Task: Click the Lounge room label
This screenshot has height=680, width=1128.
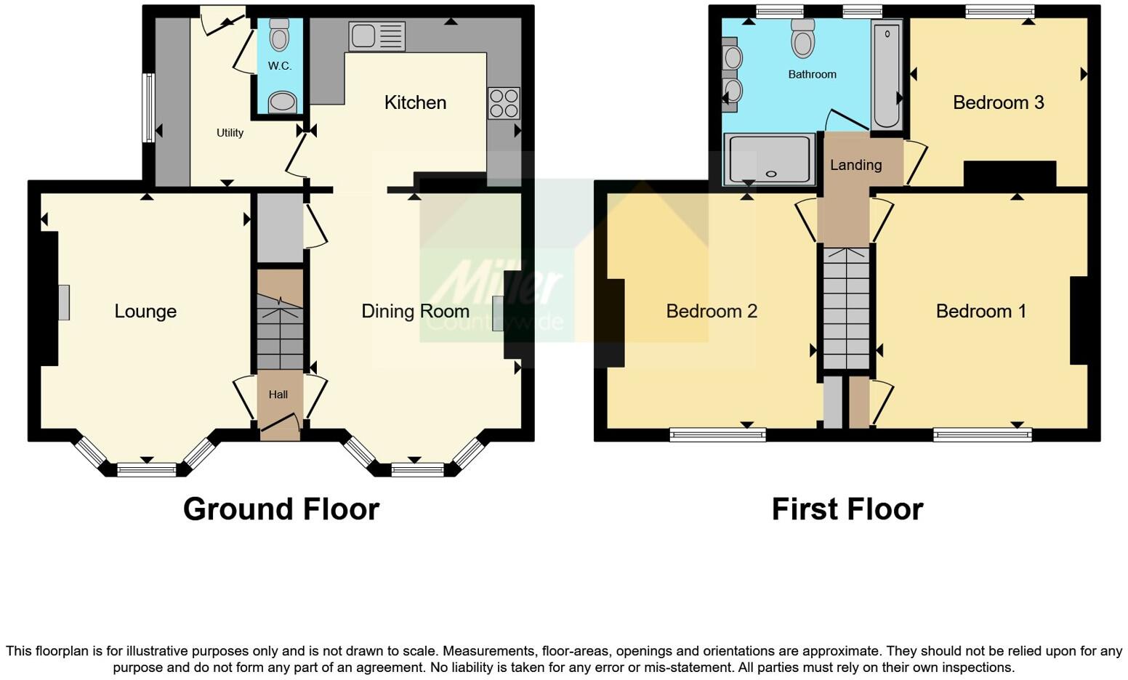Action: click(145, 311)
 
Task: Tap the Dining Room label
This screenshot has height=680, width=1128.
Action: click(415, 311)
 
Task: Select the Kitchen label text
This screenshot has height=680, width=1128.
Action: click(415, 102)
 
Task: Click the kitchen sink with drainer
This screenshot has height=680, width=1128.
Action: click(376, 36)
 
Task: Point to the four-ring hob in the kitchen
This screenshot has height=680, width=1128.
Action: click(504, 102)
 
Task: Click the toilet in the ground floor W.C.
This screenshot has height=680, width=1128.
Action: click(279, 35)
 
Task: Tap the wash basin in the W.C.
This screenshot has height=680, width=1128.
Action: click(282, 102)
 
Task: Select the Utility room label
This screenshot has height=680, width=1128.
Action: click(230, 133)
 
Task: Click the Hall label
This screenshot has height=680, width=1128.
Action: click(278, 394)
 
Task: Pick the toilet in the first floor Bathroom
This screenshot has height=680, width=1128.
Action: click(802, 38)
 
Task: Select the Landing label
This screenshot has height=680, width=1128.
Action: click(855, 165)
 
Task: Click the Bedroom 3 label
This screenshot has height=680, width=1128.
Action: click(998, 102)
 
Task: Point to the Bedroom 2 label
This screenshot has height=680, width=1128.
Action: click(712, 311)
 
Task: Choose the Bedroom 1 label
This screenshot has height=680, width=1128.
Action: click(980, 311)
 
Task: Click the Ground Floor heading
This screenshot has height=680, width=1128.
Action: click(281, 509)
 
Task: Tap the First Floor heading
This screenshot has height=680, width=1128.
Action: click(847, 509)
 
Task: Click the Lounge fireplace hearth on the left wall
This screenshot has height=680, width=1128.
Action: click(64, 302)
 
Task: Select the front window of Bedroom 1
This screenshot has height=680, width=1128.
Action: click(982, 435)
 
